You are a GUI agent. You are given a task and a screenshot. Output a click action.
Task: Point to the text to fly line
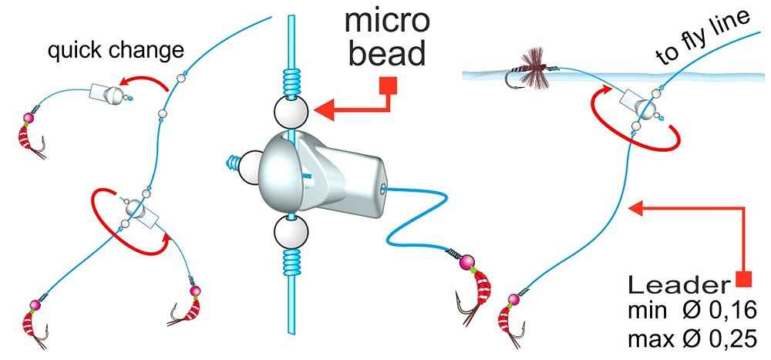702,38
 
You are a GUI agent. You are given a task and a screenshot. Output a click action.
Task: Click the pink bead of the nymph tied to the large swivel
466,263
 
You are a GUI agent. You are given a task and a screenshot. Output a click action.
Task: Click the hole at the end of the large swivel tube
383,186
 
